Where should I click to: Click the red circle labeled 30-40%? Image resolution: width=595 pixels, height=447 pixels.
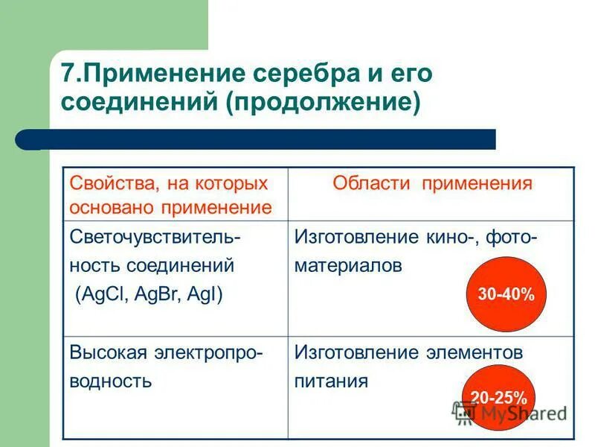pos(506,294)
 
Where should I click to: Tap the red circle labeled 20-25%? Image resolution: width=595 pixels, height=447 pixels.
pos(494,398)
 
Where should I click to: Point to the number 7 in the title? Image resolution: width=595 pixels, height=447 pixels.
pos(68,74)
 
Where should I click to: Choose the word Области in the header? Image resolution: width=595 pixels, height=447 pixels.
pos(373,183)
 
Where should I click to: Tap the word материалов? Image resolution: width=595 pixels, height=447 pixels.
pos(348,265)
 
